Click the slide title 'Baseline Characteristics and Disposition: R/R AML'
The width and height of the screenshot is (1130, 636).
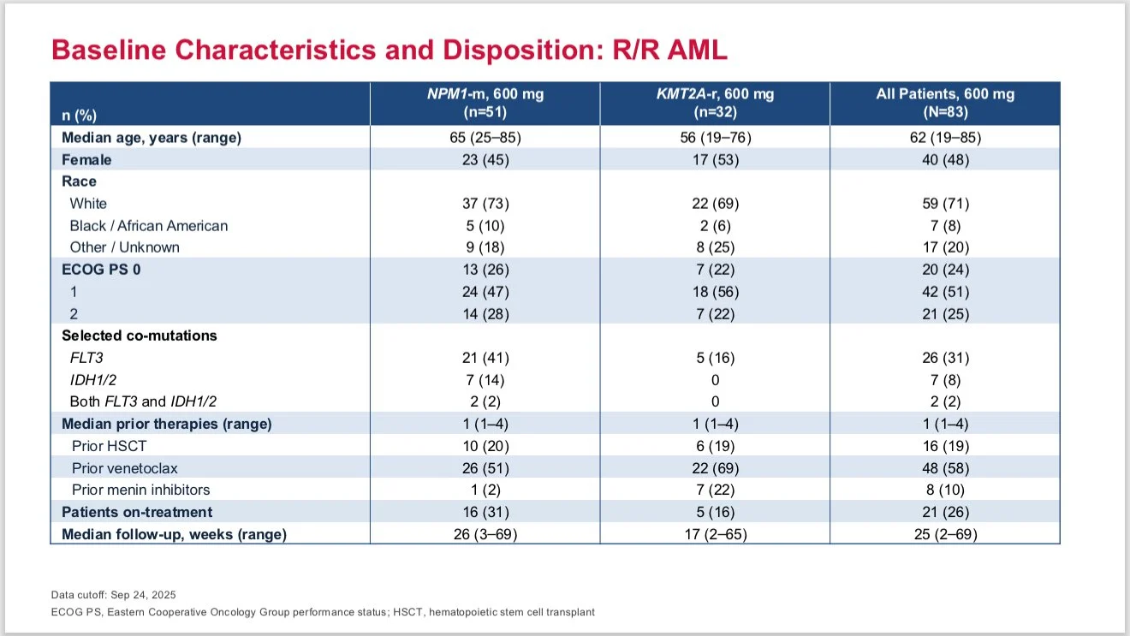(x=389, y=50)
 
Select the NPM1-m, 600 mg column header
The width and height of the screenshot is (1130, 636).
(x=485, y=103)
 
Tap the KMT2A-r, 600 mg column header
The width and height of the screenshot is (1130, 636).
(x=715, y=103)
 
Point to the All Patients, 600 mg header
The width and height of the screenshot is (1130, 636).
(x=945, y=103)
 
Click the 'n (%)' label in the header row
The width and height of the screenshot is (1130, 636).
(x=80, y=116)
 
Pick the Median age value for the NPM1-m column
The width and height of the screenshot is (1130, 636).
(x=485, y=138)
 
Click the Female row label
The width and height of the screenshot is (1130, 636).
(x=86, y=160)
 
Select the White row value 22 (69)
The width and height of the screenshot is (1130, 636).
(x=716, y=204)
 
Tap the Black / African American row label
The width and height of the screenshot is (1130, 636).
(x=149, y=225)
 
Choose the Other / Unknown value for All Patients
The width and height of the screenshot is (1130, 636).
(x=945, y=247)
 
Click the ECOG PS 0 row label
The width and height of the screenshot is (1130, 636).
(x=101, y=270)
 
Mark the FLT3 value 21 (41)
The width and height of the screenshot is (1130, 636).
(x=485, y=358)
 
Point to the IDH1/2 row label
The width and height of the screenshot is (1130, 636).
(x=92, y=380)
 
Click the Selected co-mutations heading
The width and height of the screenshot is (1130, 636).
(x=140, y=336)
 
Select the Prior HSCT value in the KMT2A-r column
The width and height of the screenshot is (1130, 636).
(x=716, y=446)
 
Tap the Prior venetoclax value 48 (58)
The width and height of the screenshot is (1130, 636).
(x=945, y=468)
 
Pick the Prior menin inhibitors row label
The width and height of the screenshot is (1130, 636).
(x=140, y=490)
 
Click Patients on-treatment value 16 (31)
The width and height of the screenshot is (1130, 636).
(x=485, y=512)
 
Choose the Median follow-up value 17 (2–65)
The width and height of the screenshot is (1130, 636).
(x=716, y=534)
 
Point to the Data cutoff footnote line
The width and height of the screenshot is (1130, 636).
(x=114, y=595)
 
